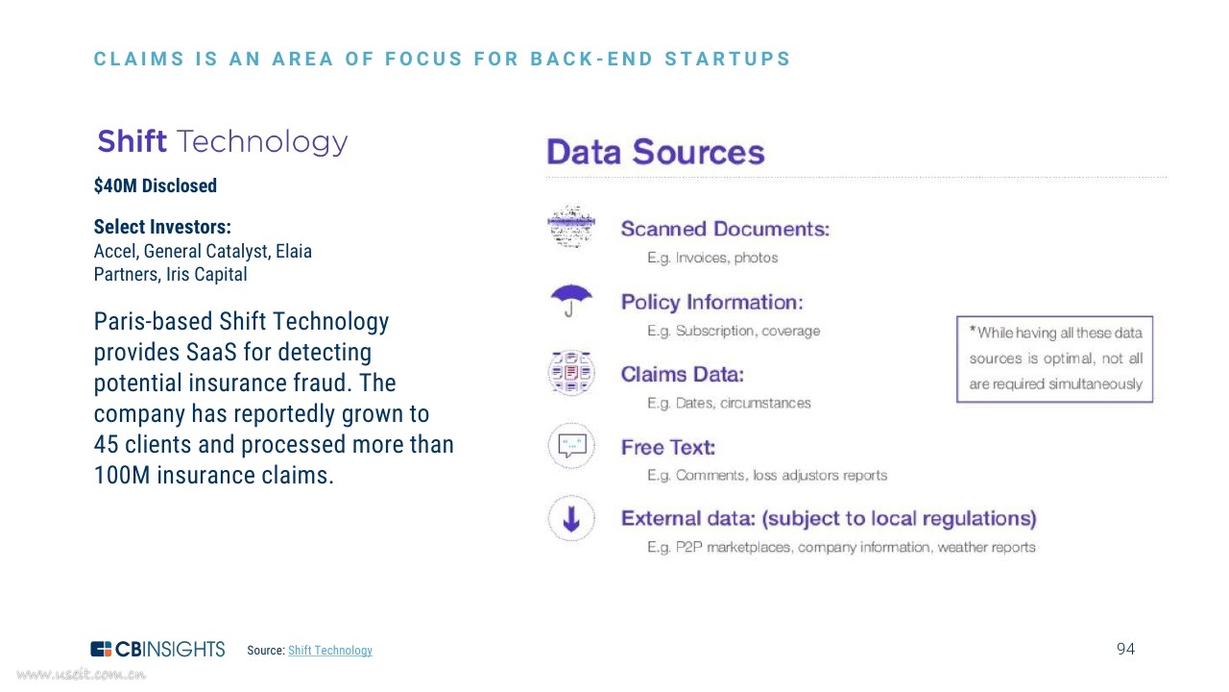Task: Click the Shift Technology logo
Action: [222, 141]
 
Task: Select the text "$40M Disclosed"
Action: [156, 185]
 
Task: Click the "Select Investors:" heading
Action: [162, 227]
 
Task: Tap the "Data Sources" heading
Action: [656, 152]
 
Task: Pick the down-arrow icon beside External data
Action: [571, 518]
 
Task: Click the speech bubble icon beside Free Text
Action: [571, 445]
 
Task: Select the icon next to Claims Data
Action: [571, 373]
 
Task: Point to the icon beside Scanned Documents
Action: [571, 226]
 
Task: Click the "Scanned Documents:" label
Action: [725, 229]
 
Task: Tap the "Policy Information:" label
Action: [712, 302]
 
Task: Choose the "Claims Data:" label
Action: [683, 375]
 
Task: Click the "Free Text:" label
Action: [668, 448]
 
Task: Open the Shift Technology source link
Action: [330, 651]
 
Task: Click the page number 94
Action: [1126, 649]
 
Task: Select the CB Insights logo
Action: [157, 649]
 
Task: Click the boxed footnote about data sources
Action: [1054, 359]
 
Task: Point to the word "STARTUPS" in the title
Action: [728, 59]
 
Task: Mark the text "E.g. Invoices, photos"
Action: [712, 258]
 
